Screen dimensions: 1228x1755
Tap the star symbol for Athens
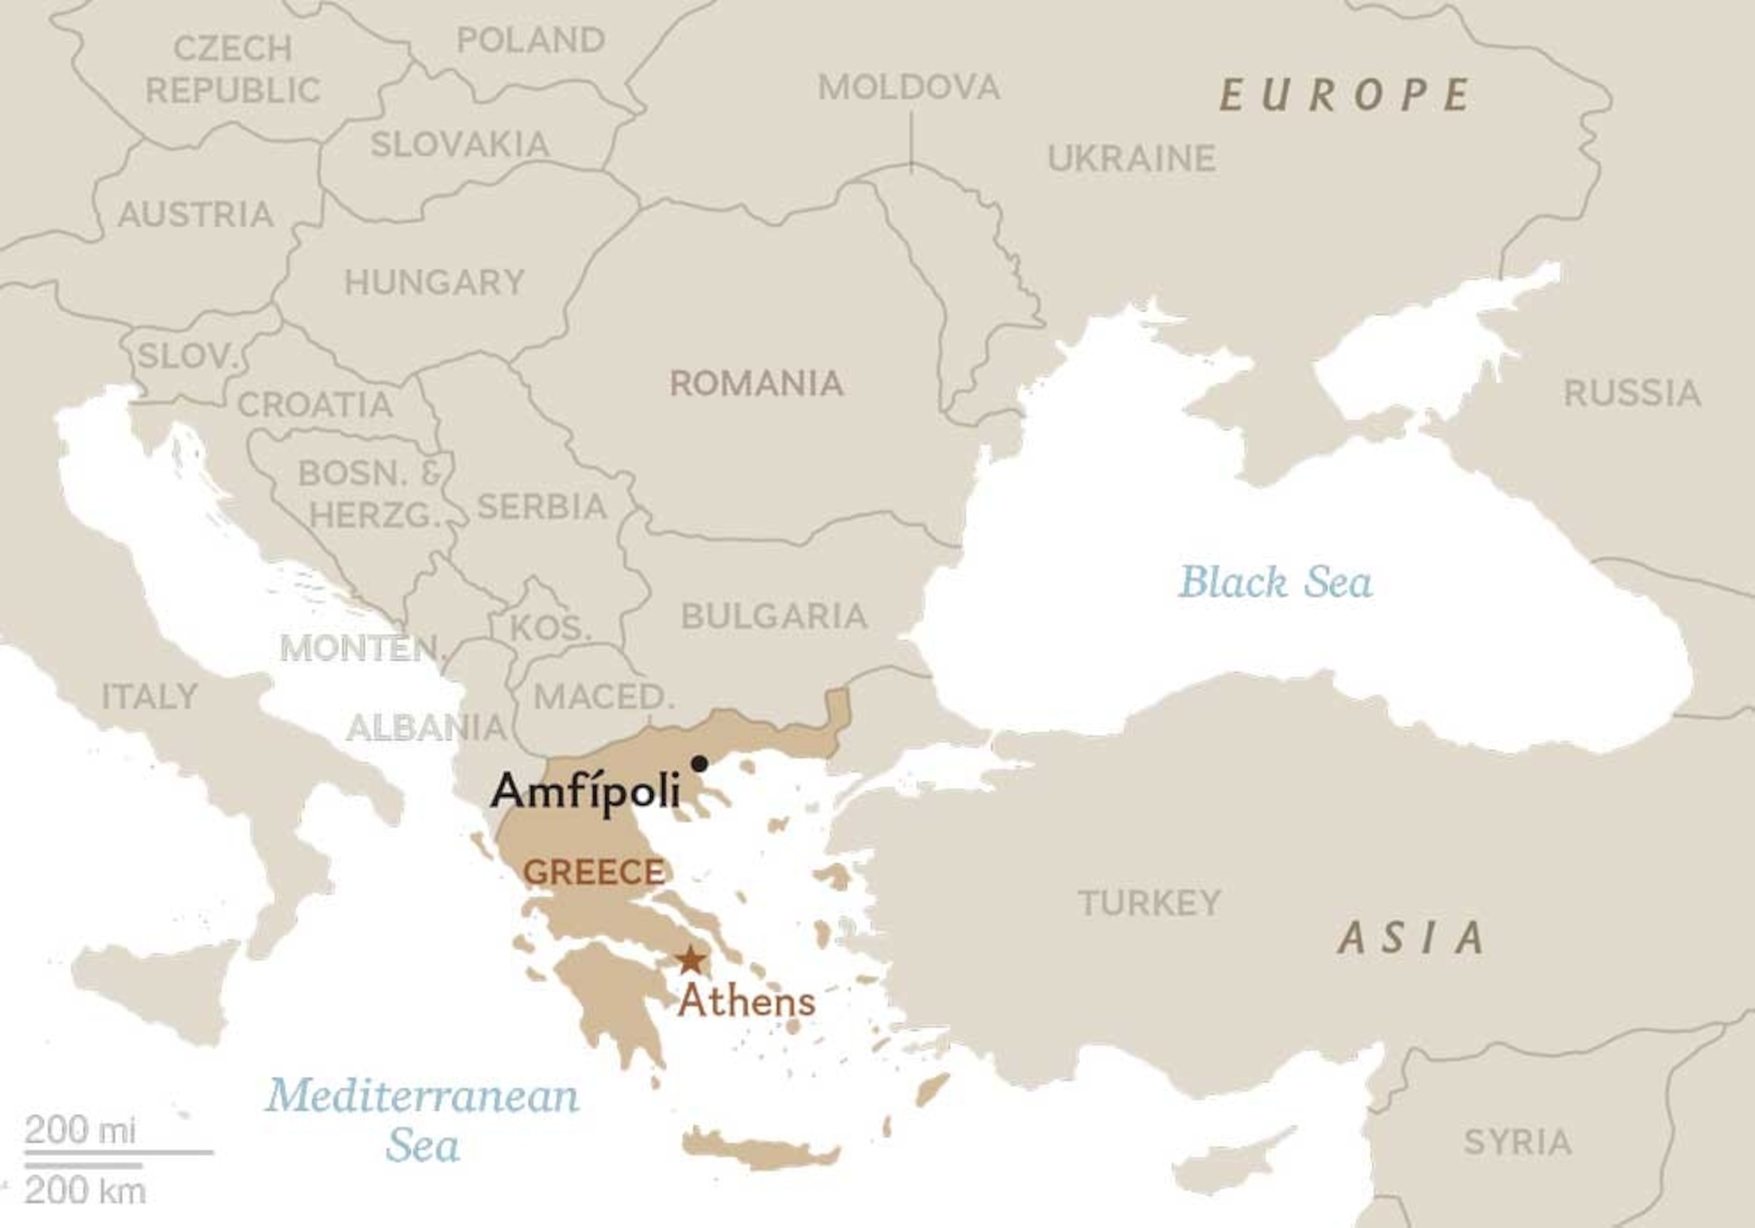[691, 960]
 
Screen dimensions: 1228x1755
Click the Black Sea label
[1275, 583]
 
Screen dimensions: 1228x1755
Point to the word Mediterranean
[422, 1096]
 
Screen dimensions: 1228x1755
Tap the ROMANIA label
[756, 384]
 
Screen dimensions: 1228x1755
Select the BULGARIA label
[774, 616]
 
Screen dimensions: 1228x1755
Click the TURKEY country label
[1149, 903]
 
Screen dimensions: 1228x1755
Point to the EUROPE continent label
[1344, 95]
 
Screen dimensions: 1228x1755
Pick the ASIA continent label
[1411, 938]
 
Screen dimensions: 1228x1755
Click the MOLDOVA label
[909, 87]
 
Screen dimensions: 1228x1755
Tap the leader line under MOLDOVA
[911, 142]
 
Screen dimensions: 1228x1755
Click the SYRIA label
[1517, 1142]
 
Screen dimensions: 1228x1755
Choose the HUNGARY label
[434, 283]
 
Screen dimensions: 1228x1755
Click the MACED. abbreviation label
[604, 696]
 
